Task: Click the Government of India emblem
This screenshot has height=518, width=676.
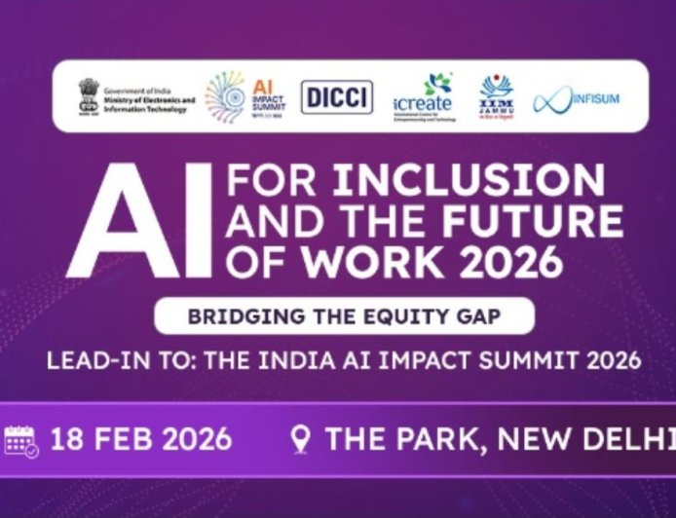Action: coord(89,95)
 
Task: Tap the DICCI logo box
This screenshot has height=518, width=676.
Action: coord(337,96)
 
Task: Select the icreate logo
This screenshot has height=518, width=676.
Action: coord(425,96)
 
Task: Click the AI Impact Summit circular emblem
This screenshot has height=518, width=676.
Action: coord(225,96)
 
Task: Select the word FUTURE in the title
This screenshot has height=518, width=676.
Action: coord(533,222)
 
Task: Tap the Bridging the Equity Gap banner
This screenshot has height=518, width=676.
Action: coord(344,316)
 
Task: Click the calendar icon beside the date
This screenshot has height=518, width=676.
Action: coord(21,440)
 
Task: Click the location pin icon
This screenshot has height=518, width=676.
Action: coord(301,440)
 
